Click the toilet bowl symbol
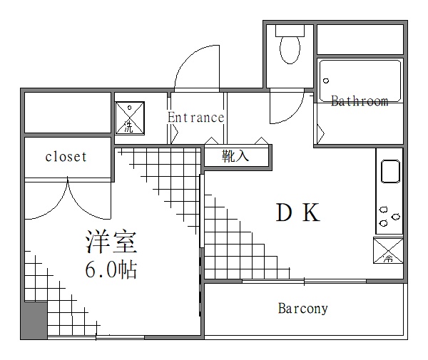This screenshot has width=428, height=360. click(290, 49)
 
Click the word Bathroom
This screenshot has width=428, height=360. click(360, 101)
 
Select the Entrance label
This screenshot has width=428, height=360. click(195, 118)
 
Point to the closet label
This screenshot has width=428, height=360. click(66, 157)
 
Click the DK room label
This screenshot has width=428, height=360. click(297, 212)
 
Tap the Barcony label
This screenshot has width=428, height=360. click(302, 309)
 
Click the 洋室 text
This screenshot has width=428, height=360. click(110, 242)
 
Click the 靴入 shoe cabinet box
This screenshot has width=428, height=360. click(236, 156)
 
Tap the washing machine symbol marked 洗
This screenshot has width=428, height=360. click(130, 118)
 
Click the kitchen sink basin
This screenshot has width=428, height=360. click(391, 171)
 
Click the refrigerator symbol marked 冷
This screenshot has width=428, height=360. click(389, 251)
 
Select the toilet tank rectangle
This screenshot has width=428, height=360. click(290, 30)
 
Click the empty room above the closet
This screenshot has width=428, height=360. click(67, 113)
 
